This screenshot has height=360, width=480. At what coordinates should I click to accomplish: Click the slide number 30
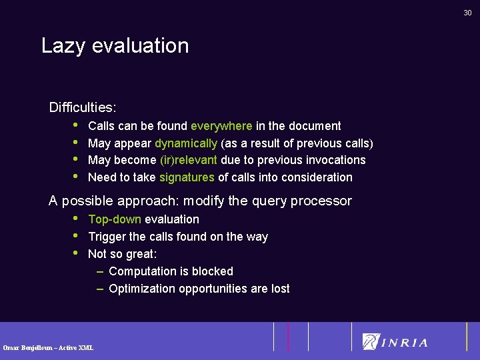(467, 13)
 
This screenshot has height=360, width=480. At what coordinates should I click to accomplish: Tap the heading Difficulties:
(83, 107)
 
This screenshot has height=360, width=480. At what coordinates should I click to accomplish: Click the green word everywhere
(221, 126)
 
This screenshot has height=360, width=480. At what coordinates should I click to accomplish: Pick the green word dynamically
(186, 143)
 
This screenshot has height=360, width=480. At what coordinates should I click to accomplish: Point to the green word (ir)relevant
(189, 160)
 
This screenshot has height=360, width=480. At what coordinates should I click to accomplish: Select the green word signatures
(187, 177)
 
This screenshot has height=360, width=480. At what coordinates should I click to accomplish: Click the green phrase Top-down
(115, 219)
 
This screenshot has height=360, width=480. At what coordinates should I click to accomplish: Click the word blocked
(212, 271)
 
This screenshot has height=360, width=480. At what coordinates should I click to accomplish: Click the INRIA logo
(395, 342)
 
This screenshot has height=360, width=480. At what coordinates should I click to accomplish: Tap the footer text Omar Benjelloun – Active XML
(48, 347)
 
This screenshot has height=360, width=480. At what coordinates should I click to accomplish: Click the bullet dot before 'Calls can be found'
(77, 125)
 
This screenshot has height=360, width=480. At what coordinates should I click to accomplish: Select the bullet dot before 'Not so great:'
(77, 253)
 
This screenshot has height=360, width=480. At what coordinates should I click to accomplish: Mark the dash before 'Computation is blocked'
(99, 271)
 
